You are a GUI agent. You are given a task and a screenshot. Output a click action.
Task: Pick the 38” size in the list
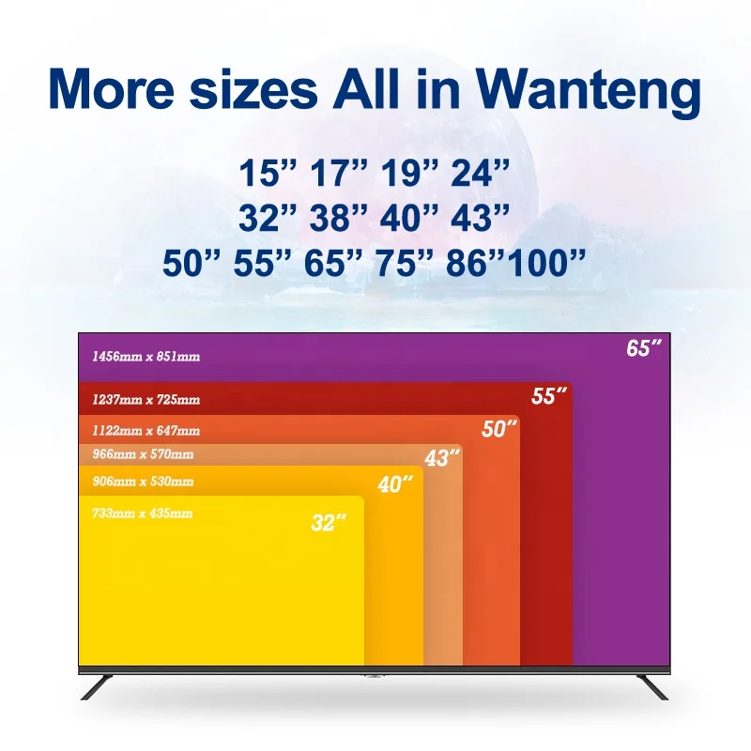(339, 218)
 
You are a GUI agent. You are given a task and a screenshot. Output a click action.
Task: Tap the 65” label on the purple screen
(644, 348)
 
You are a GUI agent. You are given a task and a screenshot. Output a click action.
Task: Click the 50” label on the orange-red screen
(500, 430)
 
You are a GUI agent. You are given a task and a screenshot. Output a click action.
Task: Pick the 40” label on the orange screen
(395, 485)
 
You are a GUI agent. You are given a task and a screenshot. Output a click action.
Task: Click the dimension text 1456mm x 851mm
(146, 357)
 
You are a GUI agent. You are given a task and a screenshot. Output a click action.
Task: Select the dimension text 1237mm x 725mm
(146, 400)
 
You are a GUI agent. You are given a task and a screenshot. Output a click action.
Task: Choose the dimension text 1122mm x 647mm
(146, 431)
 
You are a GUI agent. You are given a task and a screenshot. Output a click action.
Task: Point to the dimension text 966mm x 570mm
(143, 455)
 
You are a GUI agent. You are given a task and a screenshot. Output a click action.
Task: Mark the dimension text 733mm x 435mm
(143, 513)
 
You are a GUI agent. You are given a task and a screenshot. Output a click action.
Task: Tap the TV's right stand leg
(653, 686)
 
